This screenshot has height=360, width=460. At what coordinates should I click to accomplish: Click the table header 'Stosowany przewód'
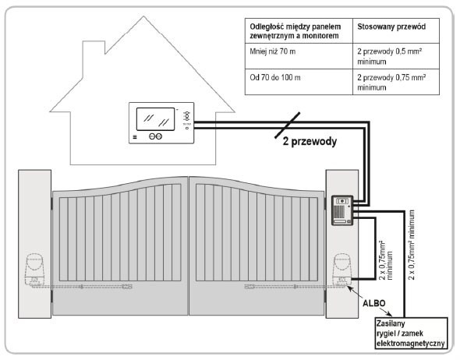(x=391, y=26)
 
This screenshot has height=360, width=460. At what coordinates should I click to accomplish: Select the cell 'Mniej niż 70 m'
(x=273, y=51)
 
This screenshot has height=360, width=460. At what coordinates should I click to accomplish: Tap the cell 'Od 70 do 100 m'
(x=275, y=78)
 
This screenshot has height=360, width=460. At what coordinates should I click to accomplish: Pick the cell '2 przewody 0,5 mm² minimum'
(x=390, y=56)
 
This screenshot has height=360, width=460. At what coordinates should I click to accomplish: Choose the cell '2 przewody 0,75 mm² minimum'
(x=391, y=83)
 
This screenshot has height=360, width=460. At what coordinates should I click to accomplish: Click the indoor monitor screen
(x=155, y=119)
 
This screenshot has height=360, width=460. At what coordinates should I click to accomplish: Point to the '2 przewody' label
(x=310, y=142)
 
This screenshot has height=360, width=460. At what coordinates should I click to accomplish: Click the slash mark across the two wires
(x=288, y=125)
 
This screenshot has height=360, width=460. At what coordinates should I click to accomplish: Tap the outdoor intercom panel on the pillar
(x=342, y=210)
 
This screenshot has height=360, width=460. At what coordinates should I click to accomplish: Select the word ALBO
(x=374, y=303)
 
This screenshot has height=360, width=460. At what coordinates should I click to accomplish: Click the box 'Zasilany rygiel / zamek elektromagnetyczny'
(x=412, y=334)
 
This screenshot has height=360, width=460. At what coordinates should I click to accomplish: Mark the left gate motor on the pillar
(x=35, y=270)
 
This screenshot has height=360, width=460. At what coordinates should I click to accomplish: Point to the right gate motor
(x=342, y=270)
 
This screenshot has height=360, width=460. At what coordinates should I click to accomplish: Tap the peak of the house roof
(x=143, y=16)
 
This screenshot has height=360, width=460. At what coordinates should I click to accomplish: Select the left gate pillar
(x=34, y=244)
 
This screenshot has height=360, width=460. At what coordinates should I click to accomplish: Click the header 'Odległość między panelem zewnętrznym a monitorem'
(x=295, y=31)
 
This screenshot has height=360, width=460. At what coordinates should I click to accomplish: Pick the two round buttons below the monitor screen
(x=155, y=136)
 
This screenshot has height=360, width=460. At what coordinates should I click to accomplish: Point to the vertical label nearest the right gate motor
(x=386, y=260)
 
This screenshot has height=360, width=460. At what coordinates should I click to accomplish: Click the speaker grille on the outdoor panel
(x=339, y=211)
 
